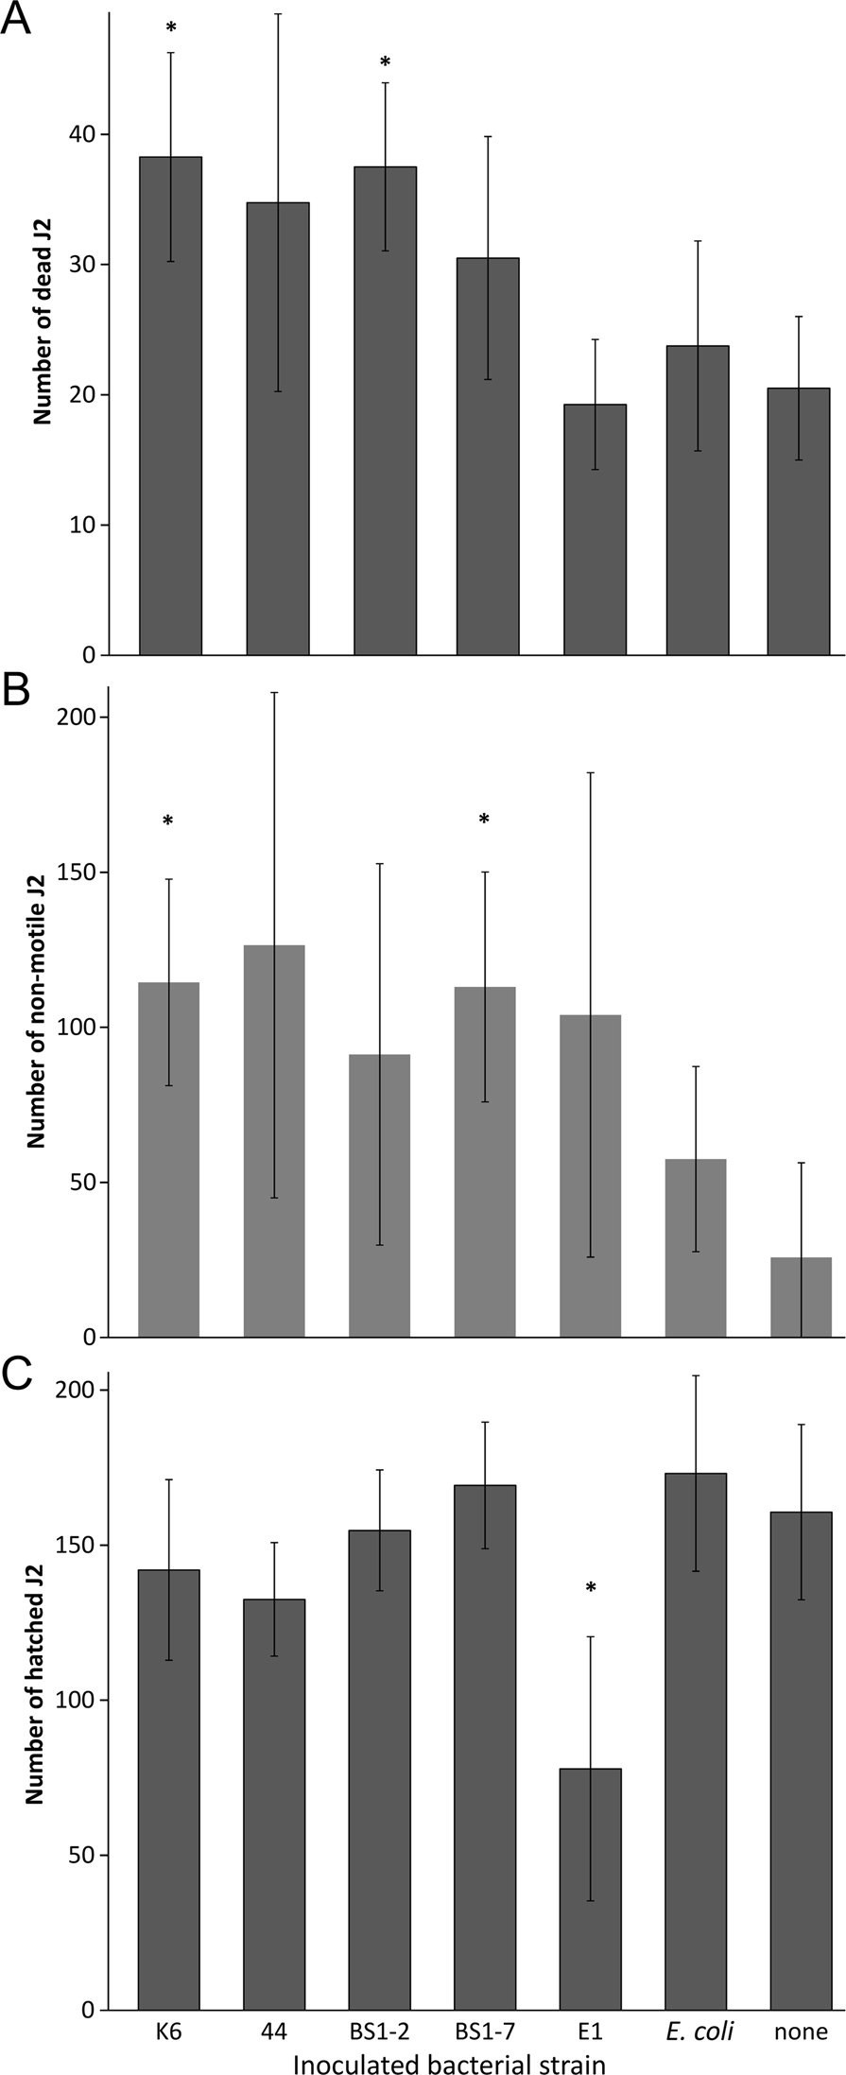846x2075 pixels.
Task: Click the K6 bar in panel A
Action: tap(170, 406)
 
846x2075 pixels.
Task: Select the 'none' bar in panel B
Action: tap(802, 1297)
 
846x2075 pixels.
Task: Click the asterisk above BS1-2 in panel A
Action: tap(385, 62)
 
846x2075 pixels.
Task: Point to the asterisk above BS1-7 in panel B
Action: tap(484, 820)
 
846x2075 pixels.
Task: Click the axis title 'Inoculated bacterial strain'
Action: tap(448, 2062)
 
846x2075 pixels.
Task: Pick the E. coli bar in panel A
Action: tap(698, 501)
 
